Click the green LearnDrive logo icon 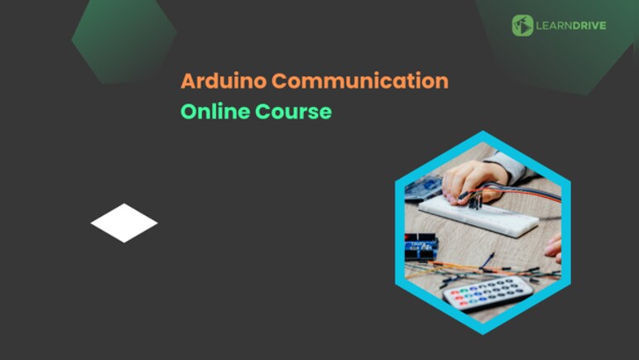coord(522,25)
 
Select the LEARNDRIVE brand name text coord(571,26)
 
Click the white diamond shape coord(124,223)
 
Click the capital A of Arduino coord(188,81)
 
